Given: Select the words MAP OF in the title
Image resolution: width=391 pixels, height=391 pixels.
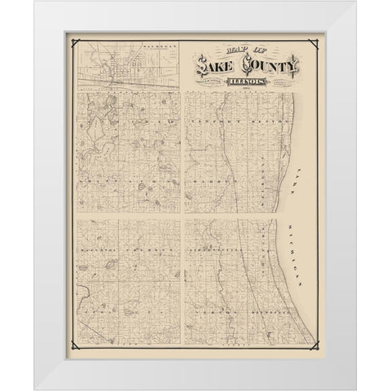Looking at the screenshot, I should coord(214,57).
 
